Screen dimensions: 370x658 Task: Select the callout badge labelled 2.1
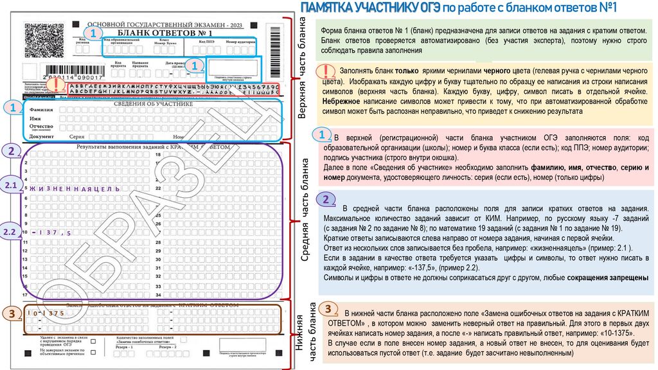click(x=12, y=185)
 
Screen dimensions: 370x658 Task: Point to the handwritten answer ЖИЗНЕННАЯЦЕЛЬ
click(x=71, y=189)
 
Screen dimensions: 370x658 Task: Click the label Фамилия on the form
click(x=41, y=110)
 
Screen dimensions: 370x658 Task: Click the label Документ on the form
click(x=42, y=137)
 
